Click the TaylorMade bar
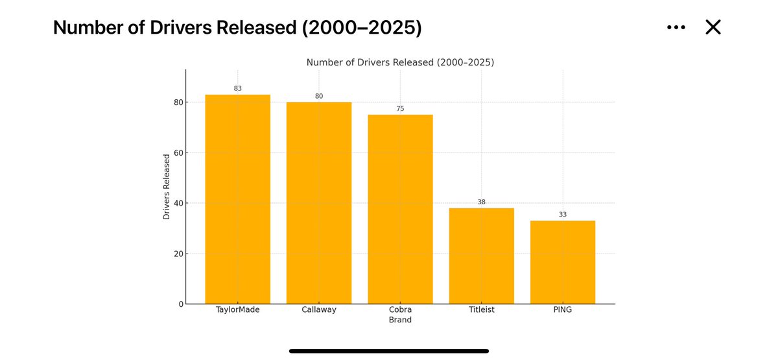tap(237, 199)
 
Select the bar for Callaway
tap(319, 203)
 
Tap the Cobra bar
tap(400, 209)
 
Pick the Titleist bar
tap(481, 256)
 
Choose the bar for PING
tap(562, 262)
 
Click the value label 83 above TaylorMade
tap(237, 88)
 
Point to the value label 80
tap(319, 96)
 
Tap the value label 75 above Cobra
tap(400, 108)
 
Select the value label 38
tap(481, 202)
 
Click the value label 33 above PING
tap(562, 215)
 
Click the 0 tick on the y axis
tap(180, 304)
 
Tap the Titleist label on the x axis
tap(481, 310)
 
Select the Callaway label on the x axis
tap(319, 310)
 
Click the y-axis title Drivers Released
tap(167, 186)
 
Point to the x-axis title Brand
tap(400, 320)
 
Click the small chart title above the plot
tap(400, 62)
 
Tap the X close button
tap(713, 27)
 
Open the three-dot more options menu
tap(676, 27)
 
